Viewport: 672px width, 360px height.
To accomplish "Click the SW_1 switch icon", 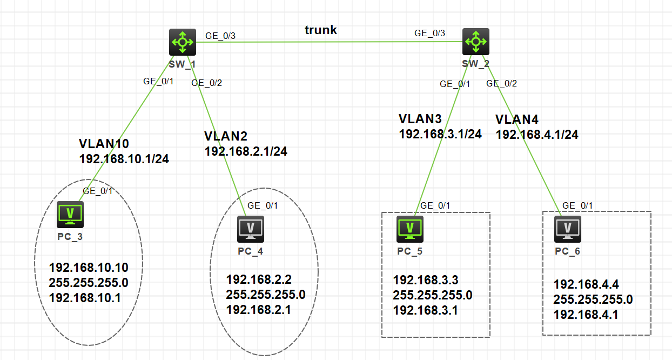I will [x=182, y=42].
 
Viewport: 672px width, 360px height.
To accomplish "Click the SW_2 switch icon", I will [x=476, y=42].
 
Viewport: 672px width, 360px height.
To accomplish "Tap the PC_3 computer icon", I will [x=70, y=215].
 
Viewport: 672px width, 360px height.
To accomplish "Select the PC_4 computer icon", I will [x=251, y=229].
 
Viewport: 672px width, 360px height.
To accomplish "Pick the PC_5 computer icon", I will [x=410, y=229].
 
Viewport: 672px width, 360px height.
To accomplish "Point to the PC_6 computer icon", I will [x=568, y=229].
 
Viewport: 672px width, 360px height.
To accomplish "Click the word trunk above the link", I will [x=321, y=30].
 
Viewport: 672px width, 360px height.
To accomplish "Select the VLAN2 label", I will [x=226, y=136].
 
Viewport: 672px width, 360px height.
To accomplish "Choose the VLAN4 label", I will [x=518, y=119].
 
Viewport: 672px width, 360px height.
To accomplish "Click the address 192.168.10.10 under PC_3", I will [x=88, y=268].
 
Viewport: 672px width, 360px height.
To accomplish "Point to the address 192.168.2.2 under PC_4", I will [x=259, y=279].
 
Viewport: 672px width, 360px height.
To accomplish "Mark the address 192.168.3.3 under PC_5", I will [x=426, y=280].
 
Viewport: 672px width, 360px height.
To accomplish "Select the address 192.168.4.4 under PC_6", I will [x=586, y=284].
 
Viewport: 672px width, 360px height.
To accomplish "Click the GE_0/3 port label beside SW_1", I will [x=220, y=36].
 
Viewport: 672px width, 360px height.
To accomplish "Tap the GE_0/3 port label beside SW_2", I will [x=430, y=32].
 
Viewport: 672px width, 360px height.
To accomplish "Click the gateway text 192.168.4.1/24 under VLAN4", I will [x=537, y=135].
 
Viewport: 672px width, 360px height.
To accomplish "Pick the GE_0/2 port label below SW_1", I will [x=207, y=83].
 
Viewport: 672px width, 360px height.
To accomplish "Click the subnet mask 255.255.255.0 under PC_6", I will [x=593, y=299].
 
